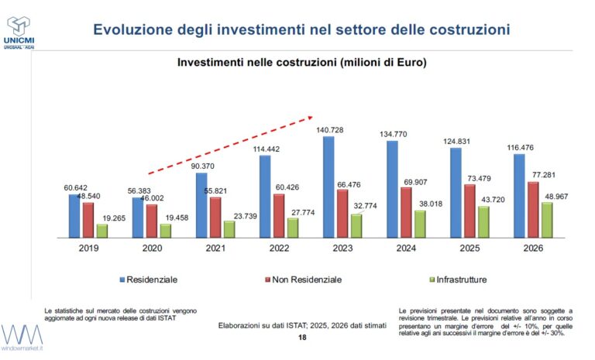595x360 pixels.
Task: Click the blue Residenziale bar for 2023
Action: (328, 186)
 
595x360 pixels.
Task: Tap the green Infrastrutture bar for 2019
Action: (102, 230)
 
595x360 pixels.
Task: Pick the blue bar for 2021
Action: (201, 204)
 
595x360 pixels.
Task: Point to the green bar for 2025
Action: (483, 221)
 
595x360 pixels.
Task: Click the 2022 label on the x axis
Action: (280, 248)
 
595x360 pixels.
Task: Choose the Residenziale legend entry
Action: (152, 279)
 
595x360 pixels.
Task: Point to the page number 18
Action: (302, 338)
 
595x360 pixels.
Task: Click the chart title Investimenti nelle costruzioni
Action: (303, 61)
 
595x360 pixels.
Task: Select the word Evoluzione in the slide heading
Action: (131, 30)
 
